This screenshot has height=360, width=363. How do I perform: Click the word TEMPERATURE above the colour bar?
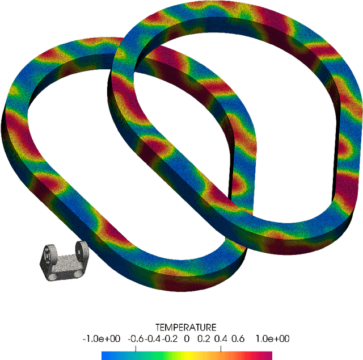coord(186,328)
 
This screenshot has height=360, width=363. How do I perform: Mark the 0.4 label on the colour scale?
coord(221,338)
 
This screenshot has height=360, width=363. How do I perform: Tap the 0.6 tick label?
coord(238,338)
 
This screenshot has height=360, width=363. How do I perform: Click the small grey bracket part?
coord(63,262)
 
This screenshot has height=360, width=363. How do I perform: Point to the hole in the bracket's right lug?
coord(81,248)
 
